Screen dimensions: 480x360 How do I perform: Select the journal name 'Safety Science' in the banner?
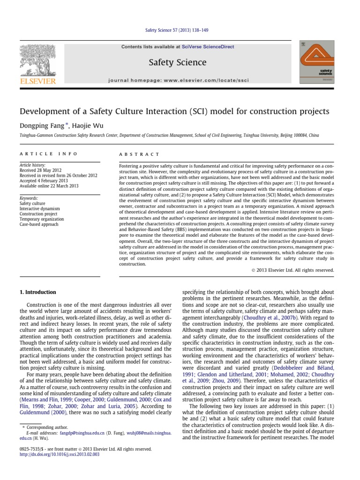[177, 62]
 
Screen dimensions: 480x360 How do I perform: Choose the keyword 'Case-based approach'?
[39, 225]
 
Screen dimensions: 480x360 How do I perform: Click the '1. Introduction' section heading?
[37, 292]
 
